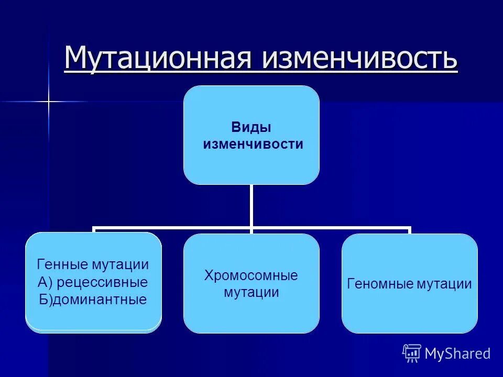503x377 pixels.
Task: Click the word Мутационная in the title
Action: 159,59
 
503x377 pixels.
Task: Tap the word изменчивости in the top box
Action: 253,145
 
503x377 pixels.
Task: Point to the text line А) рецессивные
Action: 93,282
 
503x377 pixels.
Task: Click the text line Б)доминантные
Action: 92,300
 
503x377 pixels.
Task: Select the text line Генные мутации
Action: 93,264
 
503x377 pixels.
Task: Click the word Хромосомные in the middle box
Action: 251,275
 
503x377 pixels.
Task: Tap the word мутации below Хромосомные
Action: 251,292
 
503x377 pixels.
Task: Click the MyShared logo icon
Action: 412,353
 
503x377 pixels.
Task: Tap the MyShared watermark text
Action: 457,354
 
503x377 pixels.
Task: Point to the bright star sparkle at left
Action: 49,101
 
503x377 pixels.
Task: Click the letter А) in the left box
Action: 45,282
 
